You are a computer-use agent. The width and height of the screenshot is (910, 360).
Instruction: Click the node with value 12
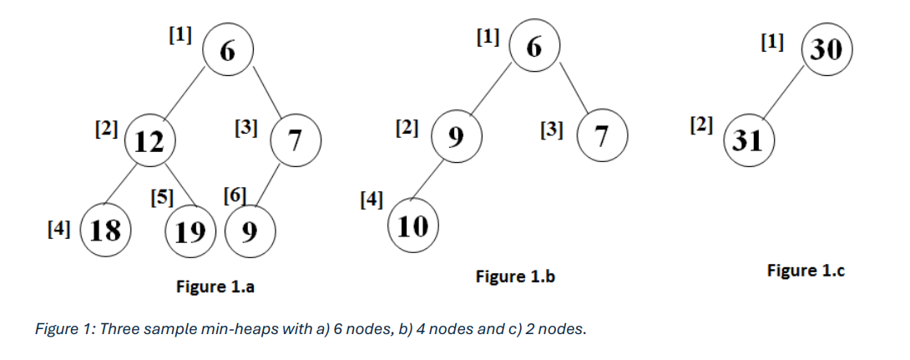tap(149, 140)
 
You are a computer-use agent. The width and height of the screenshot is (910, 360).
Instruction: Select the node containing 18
tap(106, 231)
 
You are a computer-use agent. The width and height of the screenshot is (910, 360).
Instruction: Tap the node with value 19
tap(190, 231)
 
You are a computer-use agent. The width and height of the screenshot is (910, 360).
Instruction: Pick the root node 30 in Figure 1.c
tap(827, 49)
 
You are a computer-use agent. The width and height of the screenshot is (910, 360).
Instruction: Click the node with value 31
tap(749, 140)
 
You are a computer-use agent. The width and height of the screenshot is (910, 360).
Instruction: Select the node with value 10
tap(413, 226)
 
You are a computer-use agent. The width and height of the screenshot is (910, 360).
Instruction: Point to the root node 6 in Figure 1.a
tap(227, 50)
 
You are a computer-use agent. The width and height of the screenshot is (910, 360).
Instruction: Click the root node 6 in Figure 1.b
tap(534, 46)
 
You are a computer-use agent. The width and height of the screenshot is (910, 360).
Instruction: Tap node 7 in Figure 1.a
tap(296, 140)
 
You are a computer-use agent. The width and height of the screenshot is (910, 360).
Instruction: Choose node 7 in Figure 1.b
tap(602, 135)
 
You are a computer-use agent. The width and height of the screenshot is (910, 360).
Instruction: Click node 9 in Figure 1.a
tap(250, 231)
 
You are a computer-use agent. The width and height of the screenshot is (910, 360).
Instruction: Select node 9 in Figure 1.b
tap(456, 136)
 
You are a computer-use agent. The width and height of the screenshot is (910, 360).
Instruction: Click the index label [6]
tap(235, 195)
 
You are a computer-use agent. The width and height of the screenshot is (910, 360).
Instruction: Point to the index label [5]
tap(162, 197)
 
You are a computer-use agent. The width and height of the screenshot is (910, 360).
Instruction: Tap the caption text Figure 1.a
tap(215, 286)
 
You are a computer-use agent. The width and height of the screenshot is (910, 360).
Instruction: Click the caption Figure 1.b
tap(515, 276)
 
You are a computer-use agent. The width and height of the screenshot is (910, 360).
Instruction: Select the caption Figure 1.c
tap(806, 271)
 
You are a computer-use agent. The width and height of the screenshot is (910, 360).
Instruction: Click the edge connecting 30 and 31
tap(783, 93)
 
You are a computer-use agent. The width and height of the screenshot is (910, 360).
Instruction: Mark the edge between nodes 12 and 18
tap(121, 184)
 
